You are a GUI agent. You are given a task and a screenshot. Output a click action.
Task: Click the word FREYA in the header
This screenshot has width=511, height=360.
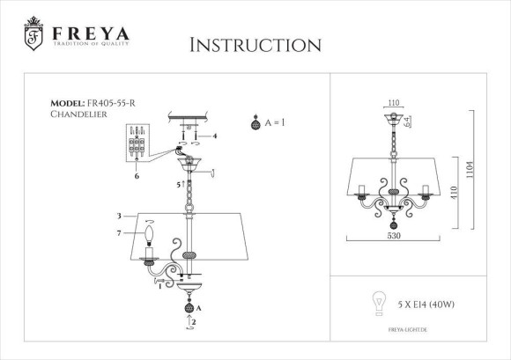(x=90, y=33)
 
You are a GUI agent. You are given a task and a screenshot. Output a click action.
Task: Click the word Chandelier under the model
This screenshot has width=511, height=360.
(x=80, y=114)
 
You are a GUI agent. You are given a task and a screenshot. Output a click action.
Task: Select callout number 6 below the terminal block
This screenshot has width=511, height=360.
(x=137, y=175)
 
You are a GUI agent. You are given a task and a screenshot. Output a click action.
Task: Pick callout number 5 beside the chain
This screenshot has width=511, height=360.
(x=179, y=185)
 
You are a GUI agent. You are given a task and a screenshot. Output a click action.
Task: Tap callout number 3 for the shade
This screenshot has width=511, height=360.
(x=118, y=215)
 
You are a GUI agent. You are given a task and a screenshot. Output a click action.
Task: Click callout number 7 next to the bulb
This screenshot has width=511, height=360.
(x=118, y=232)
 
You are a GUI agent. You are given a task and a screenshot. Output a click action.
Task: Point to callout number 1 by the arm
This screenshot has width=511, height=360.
(x=159, y=285)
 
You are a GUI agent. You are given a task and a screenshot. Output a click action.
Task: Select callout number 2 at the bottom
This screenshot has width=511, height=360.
(x=194, y=323)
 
